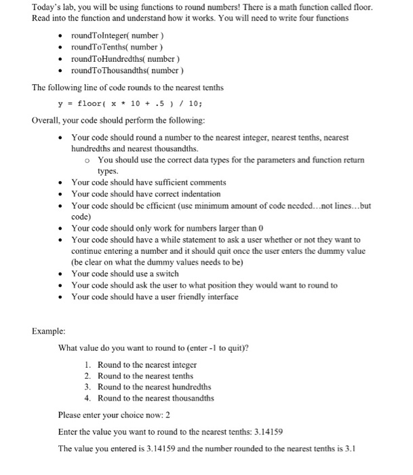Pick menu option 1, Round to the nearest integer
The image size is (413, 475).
146,364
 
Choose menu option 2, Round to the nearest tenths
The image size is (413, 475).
145,376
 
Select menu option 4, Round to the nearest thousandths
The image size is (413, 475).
155,398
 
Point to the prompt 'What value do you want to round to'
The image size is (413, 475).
153,348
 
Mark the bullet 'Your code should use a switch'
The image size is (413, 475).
125,273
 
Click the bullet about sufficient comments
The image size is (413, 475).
149,183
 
